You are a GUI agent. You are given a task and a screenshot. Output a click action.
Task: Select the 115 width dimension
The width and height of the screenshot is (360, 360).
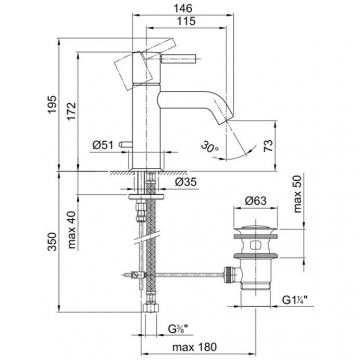pyautogui.click(x=186, y=21)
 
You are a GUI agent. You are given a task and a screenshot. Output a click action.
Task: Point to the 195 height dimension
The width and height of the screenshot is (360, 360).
pyautogui.click(x=52, y=104)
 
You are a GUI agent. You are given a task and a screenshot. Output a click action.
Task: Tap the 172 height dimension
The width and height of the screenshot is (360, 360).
pyautogui.click(x=71, y=111)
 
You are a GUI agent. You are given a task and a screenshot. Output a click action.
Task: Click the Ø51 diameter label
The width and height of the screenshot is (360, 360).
pyautogui.click(x=103, y=145)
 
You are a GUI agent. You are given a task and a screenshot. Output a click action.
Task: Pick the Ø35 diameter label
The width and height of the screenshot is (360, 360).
pyautogui.click(x=185, y=182)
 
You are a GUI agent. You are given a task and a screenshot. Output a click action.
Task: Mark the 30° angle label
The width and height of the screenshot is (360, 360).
pyautogui.click(x=210, y=147)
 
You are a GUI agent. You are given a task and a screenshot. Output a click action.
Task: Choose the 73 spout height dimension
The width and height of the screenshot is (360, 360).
pyautogui.click(x=269, y=146)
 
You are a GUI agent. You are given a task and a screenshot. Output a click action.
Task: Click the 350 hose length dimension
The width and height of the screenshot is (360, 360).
pyautogui.click(x=52, y=241)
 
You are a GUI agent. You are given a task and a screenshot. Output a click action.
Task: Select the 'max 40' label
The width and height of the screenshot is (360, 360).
pyautogui.click(x=72, y=230)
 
